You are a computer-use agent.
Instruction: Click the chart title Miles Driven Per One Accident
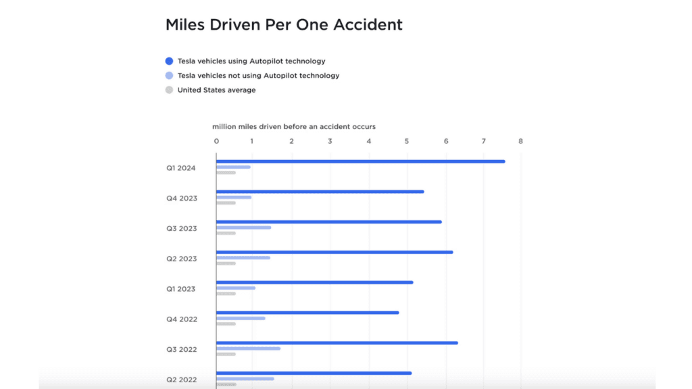(x=284, y=25)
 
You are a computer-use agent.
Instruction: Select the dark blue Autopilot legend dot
(x=169, y=61)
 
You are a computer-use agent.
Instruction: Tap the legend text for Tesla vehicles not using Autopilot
(x=258, y=76)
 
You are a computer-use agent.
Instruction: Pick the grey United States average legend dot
(x=169, y=90)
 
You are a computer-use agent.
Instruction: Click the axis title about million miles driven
(x=294, y=126)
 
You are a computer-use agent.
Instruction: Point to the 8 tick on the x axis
(x=520, y=141)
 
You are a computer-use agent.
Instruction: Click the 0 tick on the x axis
(x=216, y=141)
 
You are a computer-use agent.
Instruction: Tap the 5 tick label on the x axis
(x=407, y=141)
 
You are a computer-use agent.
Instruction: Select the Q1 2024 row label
(x=181, y=167)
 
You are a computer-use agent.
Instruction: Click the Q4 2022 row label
(x=182, y=319)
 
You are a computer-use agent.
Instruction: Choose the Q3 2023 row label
(x=182, y=228)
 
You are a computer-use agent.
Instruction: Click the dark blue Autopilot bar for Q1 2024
(x=360, y=161)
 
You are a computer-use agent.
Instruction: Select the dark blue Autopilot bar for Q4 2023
(x=320, y=192)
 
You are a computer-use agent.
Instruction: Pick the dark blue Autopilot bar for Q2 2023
(x=335, y=252)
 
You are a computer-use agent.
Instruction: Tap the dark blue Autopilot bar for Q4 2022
(x=307, y=313)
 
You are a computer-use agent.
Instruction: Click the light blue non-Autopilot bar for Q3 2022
(x=248, y=348)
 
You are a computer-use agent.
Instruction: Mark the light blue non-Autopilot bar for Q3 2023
(x=243, y=228)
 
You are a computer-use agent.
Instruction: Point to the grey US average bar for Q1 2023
(x=226, y=294)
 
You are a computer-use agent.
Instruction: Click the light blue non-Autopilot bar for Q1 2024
(x=233, y=167)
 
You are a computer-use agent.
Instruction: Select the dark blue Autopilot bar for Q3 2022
(x=337, y=342)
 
